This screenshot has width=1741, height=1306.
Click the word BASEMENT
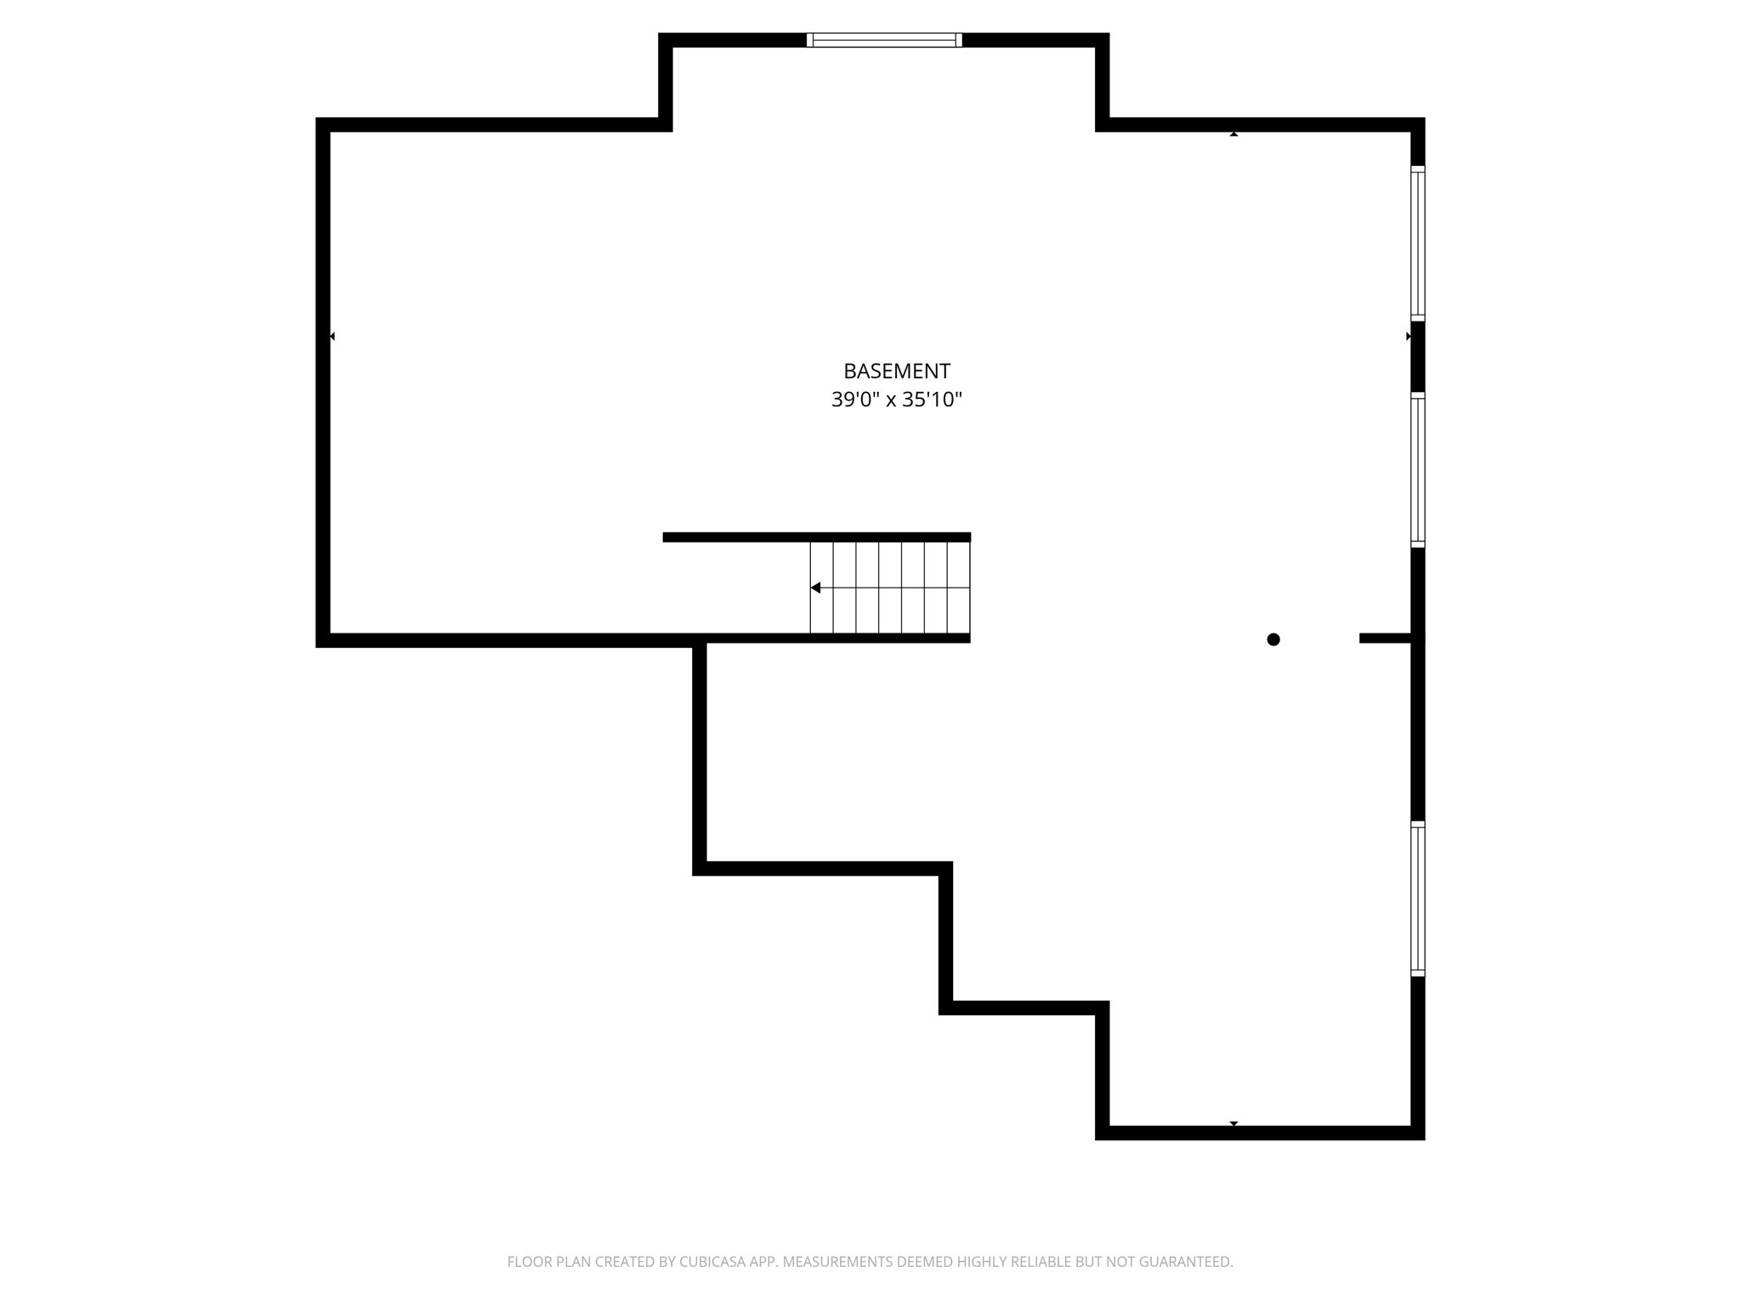(896, 371)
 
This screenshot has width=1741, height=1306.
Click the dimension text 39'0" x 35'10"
(896, 399)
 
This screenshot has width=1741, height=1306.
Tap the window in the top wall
(884, 39)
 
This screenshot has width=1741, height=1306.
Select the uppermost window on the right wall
(1417, 243)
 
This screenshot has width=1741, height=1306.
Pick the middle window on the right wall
(1417, 469)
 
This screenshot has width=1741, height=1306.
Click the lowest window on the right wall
(1417, 899)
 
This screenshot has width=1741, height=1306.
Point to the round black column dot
(1273, 639)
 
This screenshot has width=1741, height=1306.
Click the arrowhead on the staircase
(815, 588)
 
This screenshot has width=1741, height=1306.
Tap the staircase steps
(890, 588)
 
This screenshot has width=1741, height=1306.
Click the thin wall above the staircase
(816, 537)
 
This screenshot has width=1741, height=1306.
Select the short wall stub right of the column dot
(1385, 639)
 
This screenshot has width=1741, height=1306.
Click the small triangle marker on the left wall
(332, 337)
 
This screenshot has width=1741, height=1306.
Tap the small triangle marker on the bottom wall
(1233, 1123)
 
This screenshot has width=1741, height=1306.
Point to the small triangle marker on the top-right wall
(1233, 134)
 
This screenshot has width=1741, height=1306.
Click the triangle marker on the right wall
(1409, 337)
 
